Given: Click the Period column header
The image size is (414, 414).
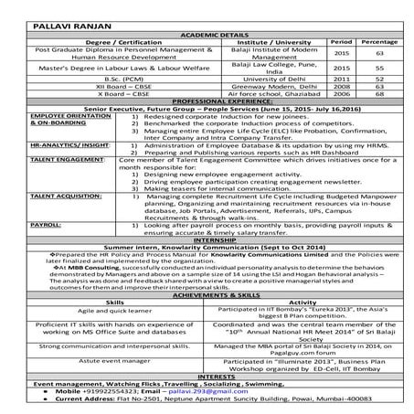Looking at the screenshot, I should [340, 42].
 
